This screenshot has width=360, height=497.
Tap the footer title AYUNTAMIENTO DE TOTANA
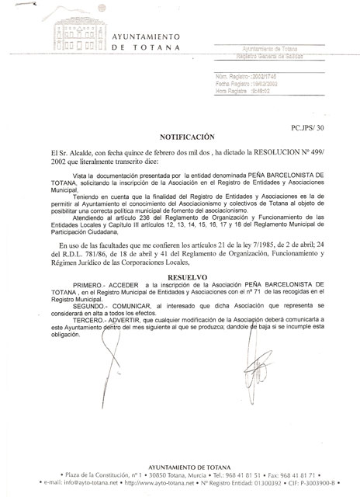(181, 464)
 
